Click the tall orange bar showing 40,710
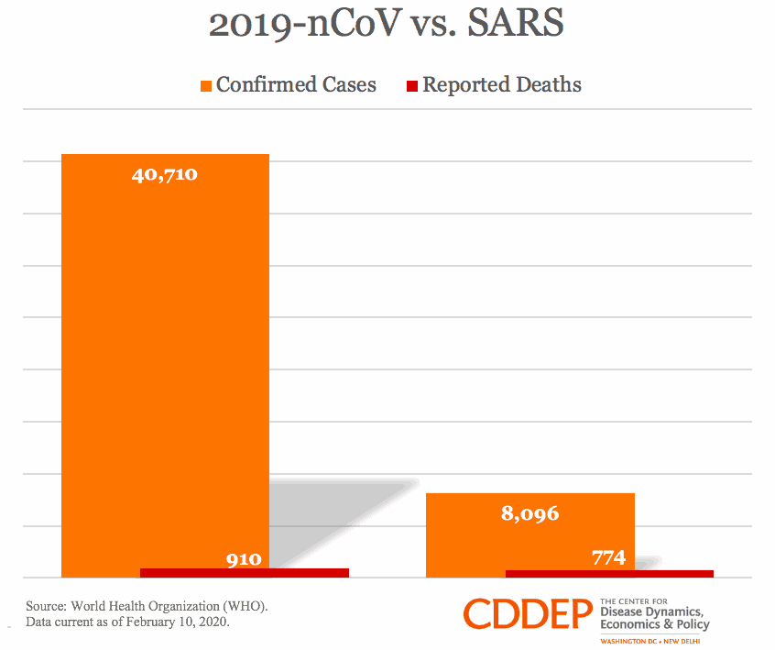[x=165, y=367]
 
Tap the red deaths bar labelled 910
[x=245, y=573]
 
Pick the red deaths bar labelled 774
[x=609, y=574]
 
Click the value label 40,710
[x=165, y=174]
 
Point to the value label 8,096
[x=529, y=513]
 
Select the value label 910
[x=245, y=558]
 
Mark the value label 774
[x=608, y=557]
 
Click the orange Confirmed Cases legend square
[x=206, y=86]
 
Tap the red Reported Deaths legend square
[x=412, y=86]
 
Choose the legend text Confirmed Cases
[x=296, y=85]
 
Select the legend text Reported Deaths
[x=502, y=85]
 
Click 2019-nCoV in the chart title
[x=302, y=25]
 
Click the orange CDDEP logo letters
[x=527, y=613]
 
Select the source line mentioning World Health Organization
[x=147, y=607]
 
